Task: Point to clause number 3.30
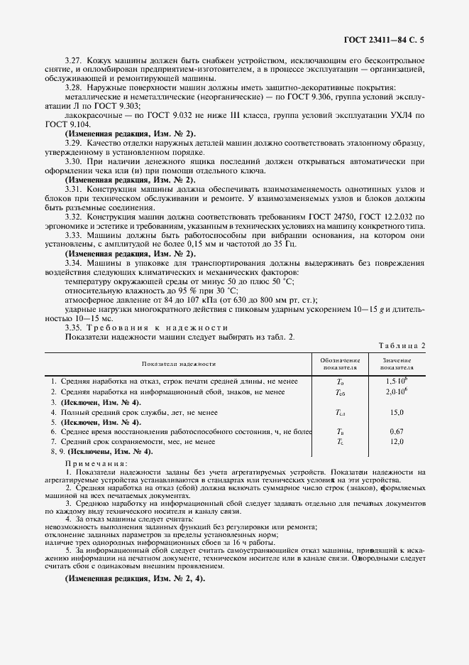(x=73, y=162)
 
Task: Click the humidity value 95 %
(x=187, y=291)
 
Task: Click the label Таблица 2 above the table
(x=402, y=345)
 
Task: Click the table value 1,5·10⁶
(x=395, y=382)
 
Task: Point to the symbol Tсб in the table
(x=340, y=392)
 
